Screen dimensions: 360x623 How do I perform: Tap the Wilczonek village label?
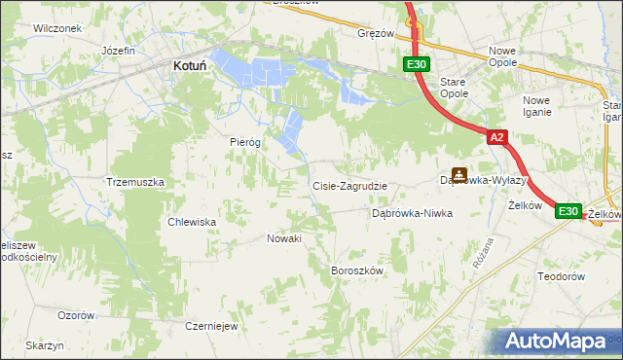coord(56,28)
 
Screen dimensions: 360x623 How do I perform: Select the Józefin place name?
coord(118,50)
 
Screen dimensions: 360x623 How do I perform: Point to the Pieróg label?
coord(246,141)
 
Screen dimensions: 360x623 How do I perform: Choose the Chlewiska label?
coord(192,221)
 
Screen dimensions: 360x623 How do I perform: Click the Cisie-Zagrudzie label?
coord(349,186)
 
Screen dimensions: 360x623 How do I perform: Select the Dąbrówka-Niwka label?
coord(413,213)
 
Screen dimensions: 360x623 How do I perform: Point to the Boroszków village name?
coord(359,270)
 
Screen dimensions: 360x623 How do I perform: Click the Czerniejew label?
coord(212,326)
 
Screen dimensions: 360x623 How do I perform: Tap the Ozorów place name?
coord(76,315)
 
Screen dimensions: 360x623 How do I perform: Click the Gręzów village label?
coord(376,32)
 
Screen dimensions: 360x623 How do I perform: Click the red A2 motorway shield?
coord(496,138)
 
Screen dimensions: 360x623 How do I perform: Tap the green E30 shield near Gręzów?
coord(417,64)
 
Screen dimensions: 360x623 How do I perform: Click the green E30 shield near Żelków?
coord(568,210)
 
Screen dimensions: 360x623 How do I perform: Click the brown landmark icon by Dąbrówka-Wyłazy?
coord(458,175)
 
